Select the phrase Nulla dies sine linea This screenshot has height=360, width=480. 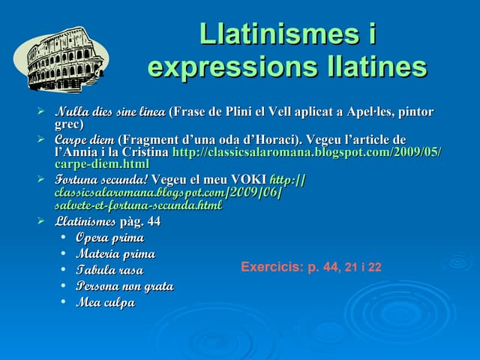point(110,112)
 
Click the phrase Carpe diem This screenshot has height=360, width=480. point(85,140)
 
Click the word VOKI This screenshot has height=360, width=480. point(247,180)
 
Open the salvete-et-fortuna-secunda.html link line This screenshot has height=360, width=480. point(138,205)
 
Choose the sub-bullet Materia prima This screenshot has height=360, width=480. point(115,254)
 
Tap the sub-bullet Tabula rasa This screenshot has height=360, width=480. point(109,270)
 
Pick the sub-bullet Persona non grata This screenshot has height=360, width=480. point(124,286)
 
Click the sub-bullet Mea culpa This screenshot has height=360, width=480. point(105,303)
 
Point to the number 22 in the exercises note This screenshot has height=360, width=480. point(374,268)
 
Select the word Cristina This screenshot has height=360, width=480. point(145,152)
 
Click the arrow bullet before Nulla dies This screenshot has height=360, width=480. point(42,112)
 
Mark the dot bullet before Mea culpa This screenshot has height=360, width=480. point(66,302)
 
